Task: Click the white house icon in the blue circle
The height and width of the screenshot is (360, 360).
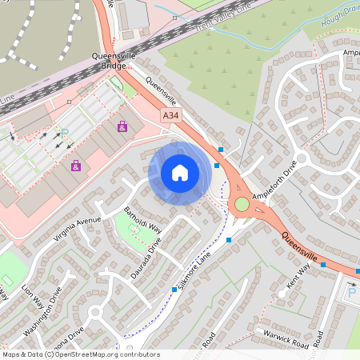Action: pos(179,173)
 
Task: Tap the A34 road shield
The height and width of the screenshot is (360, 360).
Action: pos(170,117)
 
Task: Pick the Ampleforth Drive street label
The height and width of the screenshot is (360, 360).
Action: pos(274,181)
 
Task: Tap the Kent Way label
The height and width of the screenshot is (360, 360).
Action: pos(298,277)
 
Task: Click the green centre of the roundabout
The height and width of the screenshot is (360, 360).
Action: pos(242,205)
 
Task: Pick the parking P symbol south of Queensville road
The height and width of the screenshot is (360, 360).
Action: pos(352,293)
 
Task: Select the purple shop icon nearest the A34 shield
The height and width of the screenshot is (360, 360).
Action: pos(122,126)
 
